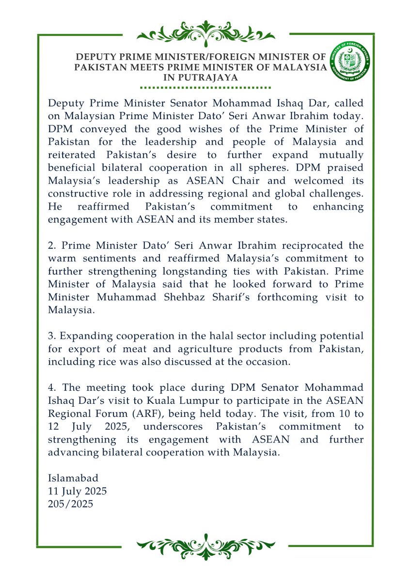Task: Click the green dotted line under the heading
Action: pos(205,88)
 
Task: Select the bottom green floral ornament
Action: pos(206,547)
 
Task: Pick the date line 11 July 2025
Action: pos(78,491)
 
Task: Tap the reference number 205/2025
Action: pos(71,504)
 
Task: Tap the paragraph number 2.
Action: pos(51,259)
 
